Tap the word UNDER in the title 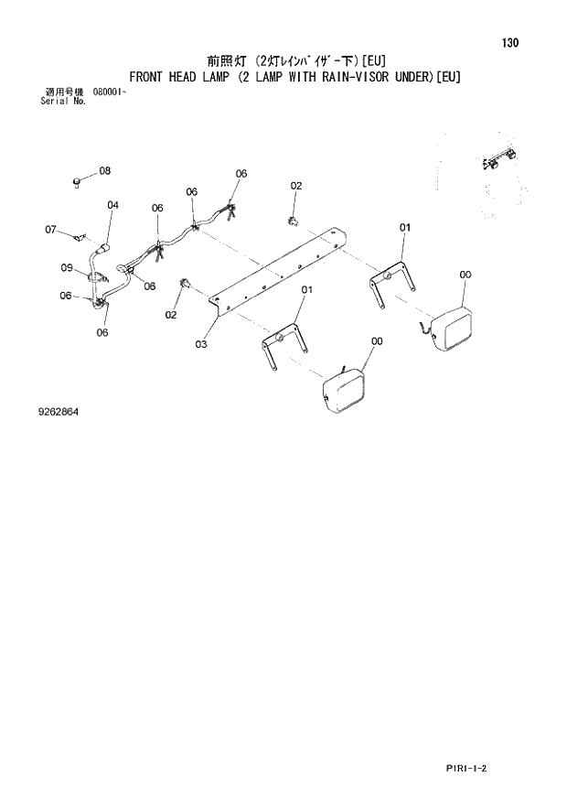411,77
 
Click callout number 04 112,206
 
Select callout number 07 51,229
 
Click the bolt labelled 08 79,183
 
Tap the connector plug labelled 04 105,246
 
